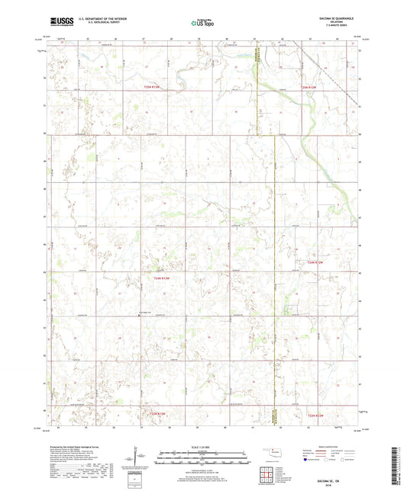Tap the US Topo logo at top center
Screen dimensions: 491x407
[202, 24]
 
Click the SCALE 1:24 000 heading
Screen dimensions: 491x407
[202, 447]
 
